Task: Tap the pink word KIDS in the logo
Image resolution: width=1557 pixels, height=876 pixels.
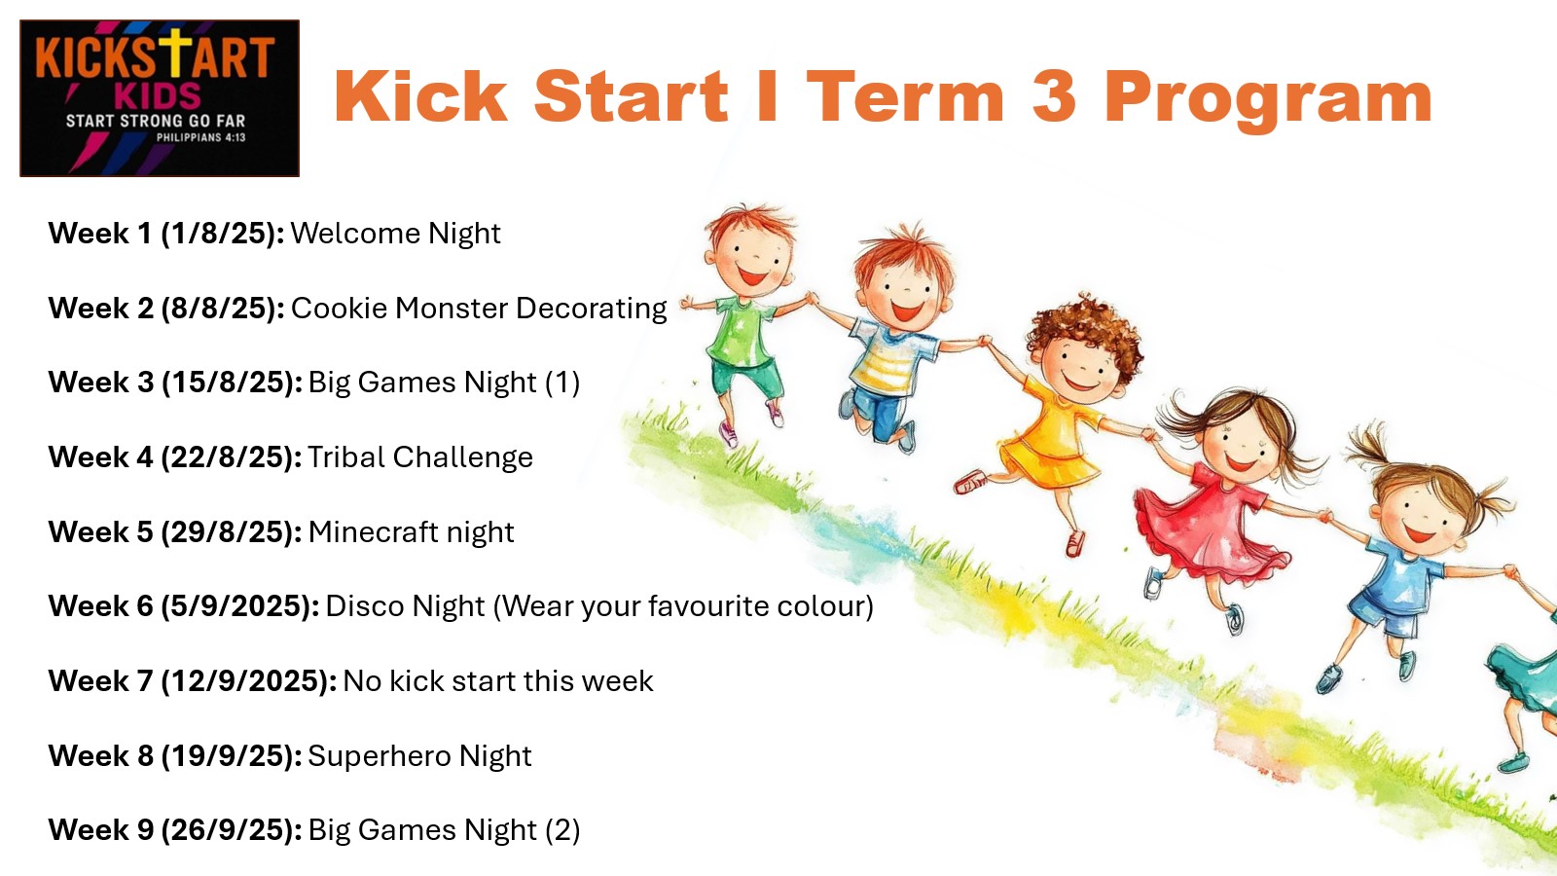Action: point(157,96)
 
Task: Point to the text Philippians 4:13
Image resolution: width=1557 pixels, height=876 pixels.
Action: point(200,137)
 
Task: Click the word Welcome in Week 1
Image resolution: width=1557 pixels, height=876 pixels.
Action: point(355,234)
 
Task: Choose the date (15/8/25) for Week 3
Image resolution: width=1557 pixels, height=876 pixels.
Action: point(232,383)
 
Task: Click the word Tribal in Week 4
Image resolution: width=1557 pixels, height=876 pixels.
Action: point(345,457)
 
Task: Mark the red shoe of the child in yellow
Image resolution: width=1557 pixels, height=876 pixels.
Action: point(969,481)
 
